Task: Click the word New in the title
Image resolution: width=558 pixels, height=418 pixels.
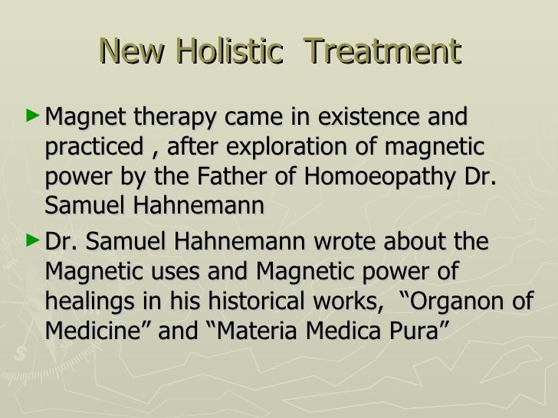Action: [130, 52]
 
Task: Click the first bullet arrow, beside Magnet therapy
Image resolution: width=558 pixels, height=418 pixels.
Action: [31, 116]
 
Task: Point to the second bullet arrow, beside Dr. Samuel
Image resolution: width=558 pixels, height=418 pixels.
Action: [31, 240]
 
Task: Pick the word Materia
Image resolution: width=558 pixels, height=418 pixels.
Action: [254, 329]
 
